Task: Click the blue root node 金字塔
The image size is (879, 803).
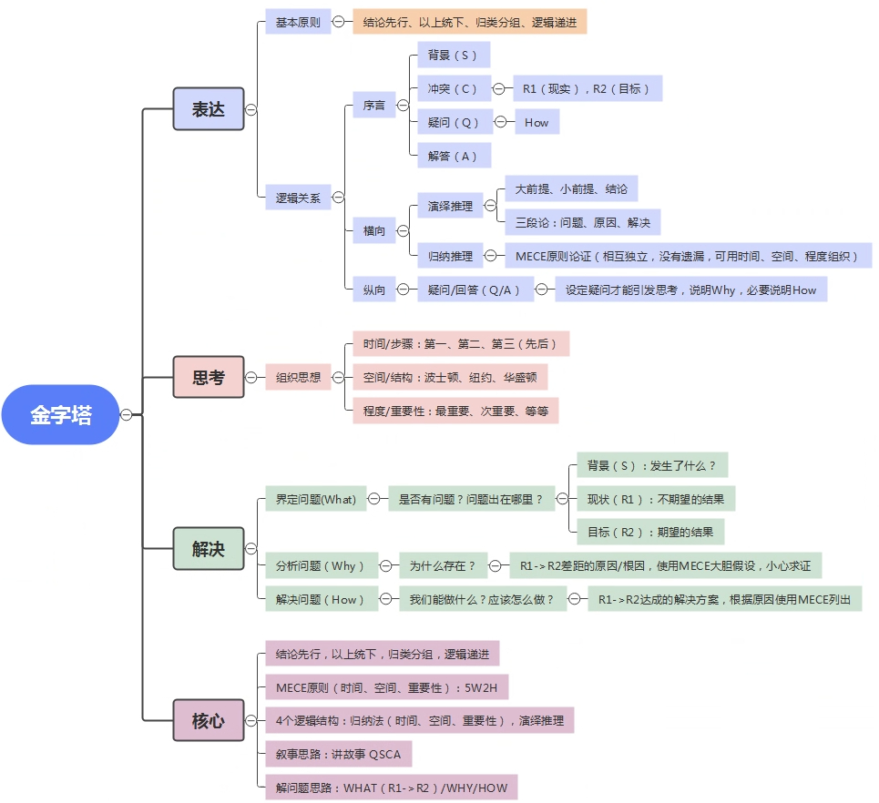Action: tap(60, 414)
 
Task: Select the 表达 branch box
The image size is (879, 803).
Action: tap(209, 108)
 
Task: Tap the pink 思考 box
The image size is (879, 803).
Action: tap(209, 377)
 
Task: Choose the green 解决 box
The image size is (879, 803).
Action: tap(209, 549)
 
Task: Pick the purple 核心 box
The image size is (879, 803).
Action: tap(209, 721)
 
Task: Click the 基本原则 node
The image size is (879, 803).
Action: tap(298, 22)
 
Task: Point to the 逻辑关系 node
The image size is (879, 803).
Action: tap(298, 198)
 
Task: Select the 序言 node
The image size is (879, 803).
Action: tap(373, 106)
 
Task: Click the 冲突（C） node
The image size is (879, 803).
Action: tap(455, 88)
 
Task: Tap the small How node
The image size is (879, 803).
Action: tap(537, 122)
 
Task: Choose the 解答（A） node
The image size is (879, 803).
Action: tap(455, 156)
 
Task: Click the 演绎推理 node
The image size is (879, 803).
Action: tap(450, 206)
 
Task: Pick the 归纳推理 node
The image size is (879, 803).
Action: tap(450, 256)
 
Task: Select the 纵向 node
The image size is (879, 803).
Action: tap(373, 290)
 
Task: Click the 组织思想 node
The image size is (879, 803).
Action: tap(298, 377)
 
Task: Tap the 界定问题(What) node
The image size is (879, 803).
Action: tap(315, 499)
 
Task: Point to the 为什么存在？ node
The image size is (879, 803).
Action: tap(443, 566)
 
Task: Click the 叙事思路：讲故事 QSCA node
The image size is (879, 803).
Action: tap(339, 754)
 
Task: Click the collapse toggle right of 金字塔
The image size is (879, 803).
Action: tap(127, 414)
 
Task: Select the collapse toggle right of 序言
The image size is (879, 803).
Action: tap(403, 106)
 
